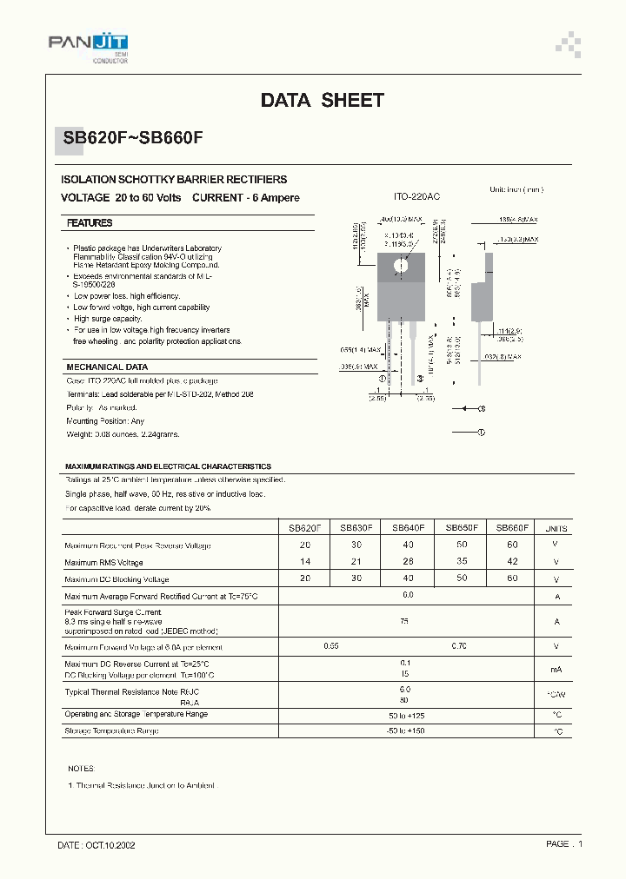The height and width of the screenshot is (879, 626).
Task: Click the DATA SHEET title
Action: (x=322, y=101)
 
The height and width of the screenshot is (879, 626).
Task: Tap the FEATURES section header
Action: (x=90, y=223)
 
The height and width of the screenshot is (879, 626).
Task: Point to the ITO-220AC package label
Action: (x=417, y=197)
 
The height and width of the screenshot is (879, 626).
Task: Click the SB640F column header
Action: (x=409, y=528)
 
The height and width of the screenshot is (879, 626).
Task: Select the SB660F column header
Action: (x=512, y=528)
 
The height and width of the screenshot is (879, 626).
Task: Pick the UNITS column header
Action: (x=556, y=528)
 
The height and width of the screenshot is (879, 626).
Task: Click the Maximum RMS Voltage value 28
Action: (x=409, y=562)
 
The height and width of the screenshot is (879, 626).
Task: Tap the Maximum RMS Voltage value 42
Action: (x=512, y=562)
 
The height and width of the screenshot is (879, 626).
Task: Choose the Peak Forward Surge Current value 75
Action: (x=405, y=622)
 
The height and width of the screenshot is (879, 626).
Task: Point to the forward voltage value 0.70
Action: (x=459, y=647)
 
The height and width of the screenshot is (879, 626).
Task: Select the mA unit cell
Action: (x=556, y=670)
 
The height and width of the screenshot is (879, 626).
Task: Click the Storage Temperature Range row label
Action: (x=111, y=731)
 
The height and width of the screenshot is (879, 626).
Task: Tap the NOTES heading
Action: (x=81, y=770)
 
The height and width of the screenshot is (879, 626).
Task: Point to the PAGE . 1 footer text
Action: (x=564, y=844)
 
